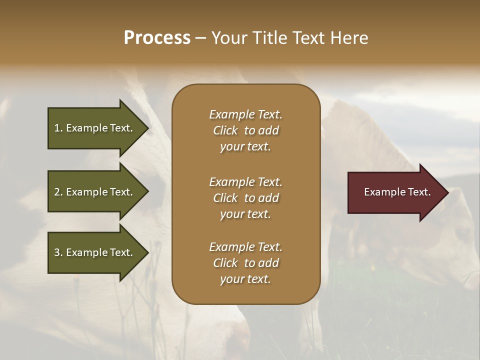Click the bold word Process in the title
(x=157, y=38)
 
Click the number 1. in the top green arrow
(x=58, y=128)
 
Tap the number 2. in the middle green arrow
(x=58, y=192)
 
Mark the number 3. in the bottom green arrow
(x=58, y=252)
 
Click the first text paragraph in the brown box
(x=245, y=130)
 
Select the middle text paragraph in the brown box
(x=245, y=198)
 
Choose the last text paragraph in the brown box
(x=245, y=263)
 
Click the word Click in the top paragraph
(x=225, y=130)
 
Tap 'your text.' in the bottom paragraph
(x=245, y=279)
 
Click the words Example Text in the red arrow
(x=397, y=192)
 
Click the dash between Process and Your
(x=200, y=38)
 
